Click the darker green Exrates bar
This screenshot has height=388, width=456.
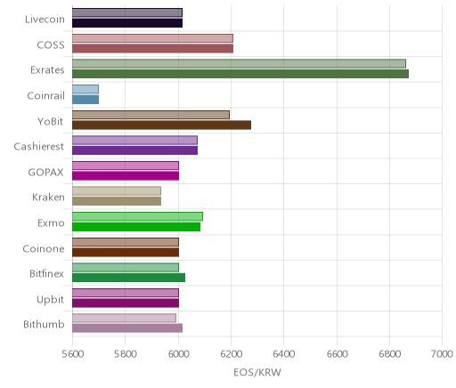(x=240, y=74)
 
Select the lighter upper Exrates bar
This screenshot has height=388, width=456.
(x=239, y=64)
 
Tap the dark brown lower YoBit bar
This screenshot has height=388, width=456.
(x=161, y=125)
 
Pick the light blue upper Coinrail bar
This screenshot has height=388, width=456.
(x=85, y=89)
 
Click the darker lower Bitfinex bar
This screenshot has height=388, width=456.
(x=128, y=278)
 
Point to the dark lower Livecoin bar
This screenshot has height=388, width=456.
(x=127, y=23)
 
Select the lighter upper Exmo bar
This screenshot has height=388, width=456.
(x=137, y=216)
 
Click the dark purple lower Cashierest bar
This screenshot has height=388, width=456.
(x=134, y=150)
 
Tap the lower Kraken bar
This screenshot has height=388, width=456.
(x=117, y=201)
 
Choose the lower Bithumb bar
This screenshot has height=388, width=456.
(x=127, y=328)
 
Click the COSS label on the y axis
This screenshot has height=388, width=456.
(x=51, y=45)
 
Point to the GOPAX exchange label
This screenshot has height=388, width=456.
(x=45, y=173)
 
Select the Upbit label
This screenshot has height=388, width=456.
(x=50, y=300)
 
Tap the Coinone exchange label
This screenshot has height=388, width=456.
(x=44, y=248)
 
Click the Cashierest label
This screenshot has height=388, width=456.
(x=38, y=147)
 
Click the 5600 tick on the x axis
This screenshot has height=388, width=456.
(x=73, y=354)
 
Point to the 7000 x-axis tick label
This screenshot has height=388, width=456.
(x=442, y=354)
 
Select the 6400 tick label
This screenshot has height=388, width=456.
(x=284, y=354)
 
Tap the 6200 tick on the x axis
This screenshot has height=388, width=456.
(x=231, y=354)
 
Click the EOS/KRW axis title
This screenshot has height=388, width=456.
(x=257, y=372)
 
